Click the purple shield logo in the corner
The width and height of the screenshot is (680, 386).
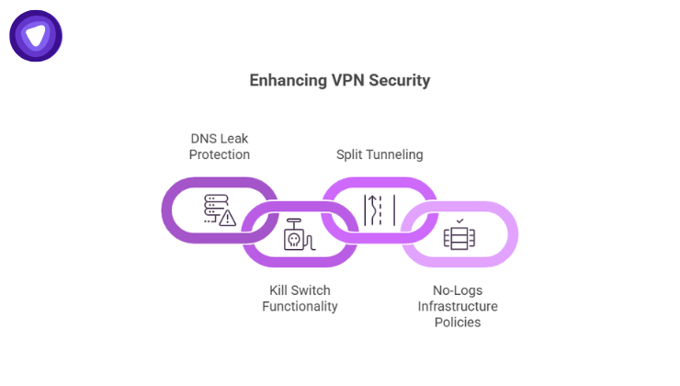(x=36, y=36)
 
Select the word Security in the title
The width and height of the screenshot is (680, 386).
(x=399, y=81)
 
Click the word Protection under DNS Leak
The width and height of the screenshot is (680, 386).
(x=220, y=154)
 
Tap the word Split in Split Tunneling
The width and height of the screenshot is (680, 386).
(x=352, y=154)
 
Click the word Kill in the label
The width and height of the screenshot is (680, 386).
(x=270, y=289)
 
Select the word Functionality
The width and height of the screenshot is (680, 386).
(x=300, y=306)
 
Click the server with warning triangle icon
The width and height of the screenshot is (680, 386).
(x=219, y=210)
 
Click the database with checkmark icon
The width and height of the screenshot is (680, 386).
(x=457, y=235)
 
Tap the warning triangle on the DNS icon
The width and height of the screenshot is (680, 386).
(x=227, y=218)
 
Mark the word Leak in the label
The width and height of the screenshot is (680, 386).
(x=233, y=138)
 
